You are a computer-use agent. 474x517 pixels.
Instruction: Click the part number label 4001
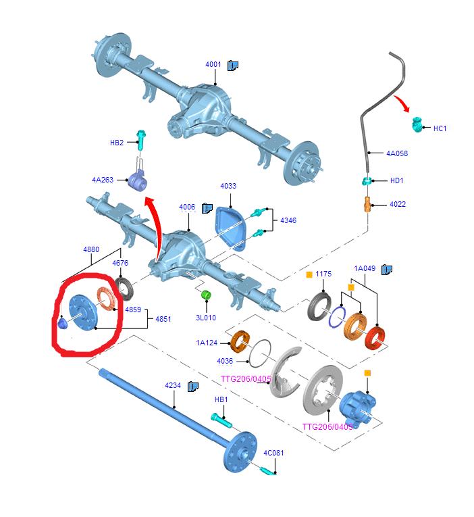213,64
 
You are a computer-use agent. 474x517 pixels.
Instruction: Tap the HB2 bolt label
117,143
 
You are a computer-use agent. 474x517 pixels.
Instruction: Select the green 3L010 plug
206,295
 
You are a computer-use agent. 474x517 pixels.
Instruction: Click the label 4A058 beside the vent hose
397,153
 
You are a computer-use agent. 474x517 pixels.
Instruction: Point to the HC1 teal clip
417,124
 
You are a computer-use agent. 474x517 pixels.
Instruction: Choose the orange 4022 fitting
367,204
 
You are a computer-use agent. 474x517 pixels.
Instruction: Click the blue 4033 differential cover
230,227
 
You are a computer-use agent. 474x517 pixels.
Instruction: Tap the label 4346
288,220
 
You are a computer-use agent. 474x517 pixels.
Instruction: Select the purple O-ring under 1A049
337,317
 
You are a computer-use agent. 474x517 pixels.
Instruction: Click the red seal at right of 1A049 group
375,337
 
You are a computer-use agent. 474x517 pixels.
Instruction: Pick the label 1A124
207,343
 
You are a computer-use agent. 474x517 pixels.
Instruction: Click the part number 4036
225,361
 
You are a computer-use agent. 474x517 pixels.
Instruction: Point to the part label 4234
173,385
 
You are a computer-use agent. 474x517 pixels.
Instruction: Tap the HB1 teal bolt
221,420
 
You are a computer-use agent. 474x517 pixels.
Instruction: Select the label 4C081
273,453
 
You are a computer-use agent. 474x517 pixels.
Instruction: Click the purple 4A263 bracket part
138,180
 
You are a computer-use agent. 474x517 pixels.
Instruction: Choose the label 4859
133,310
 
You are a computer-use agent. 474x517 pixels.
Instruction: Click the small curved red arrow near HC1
402,103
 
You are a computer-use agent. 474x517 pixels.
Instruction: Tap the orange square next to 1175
309,274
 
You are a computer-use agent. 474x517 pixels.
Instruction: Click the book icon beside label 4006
207,208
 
